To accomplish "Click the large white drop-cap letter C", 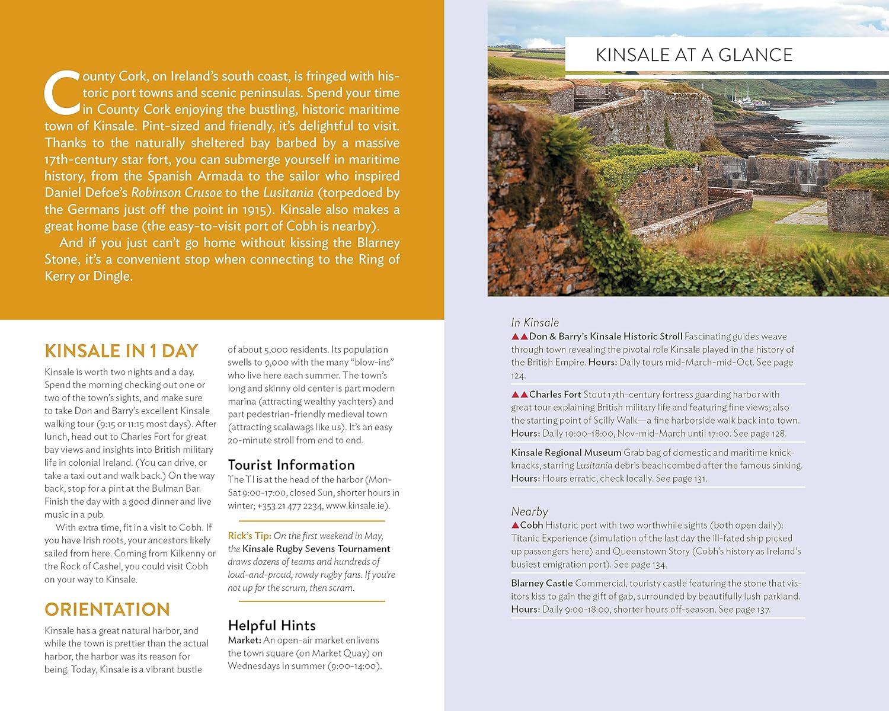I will pyautogui.click(x=62, y=93).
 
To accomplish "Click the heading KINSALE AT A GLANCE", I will pyautogui.click(x=694, y=55).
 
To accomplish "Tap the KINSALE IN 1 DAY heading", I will pyautogui.click(x=121, y=351).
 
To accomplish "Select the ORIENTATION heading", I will pyautogui.click(x=107, y=609).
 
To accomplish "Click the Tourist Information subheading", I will pyautogui.click(x=291, y=465).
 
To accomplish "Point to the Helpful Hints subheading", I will pyautogui.click(x=271, y=625).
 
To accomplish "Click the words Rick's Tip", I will pyautogui.click(x=249, y=536).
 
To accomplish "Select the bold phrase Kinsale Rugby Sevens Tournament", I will pyautogui.click(x=316, y=549).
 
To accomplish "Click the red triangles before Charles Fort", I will pyautogui.click(x=519, y=395).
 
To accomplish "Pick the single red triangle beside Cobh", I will pyautogui.click(x=515, y=526).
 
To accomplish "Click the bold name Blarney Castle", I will pyautogui.click(x=542, y=583).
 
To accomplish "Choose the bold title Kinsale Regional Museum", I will pyautogui.click(x=566, y=453).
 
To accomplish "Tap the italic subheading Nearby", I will pyautogui.click(x=529, y=511).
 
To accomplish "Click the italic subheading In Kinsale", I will pyautogui.click(x=535, y=322).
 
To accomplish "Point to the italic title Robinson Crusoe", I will pyautogui.click(x=177, y=193).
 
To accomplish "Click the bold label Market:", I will pyautogui.click(x=244, y=640).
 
